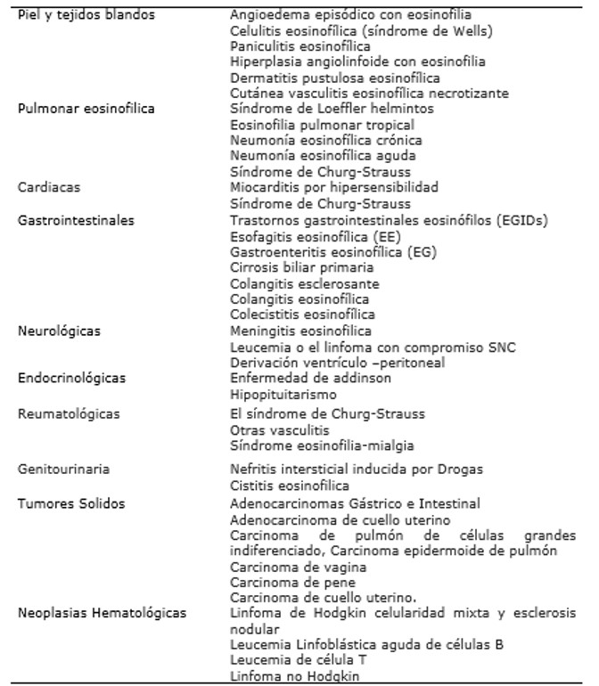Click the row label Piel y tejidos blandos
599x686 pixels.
point(86,15)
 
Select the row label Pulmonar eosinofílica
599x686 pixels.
point(86,109)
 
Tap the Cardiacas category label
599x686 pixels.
point(46,188)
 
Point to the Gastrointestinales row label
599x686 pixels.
point(75,219)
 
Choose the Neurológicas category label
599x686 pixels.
point(60,331)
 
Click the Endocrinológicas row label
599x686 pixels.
point(71,378)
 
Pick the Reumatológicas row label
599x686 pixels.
point(69,414)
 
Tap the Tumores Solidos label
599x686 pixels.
point(71,503)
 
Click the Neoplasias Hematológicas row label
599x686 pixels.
point(102,613)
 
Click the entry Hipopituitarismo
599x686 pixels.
point(283,394)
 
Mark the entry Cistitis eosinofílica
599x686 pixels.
point(290,486)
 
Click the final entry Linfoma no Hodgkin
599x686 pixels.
point(287,675)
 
